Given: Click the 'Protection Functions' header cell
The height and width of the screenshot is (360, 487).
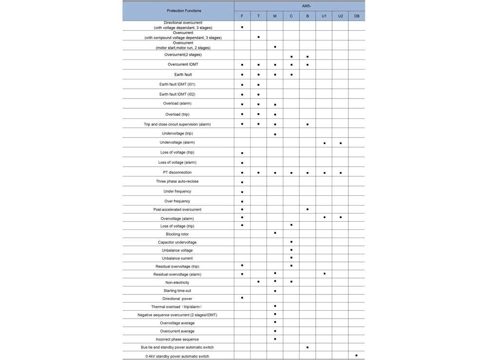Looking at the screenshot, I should [184, 11].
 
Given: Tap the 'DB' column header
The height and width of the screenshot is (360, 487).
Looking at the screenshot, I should [357, 16].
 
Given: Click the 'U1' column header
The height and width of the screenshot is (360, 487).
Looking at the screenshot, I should [324, 16].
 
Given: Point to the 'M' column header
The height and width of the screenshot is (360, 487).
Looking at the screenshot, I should [275, 16].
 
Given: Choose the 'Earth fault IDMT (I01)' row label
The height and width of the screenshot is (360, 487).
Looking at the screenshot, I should [177, 84].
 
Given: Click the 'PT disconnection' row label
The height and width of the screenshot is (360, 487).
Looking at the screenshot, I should [177, 172].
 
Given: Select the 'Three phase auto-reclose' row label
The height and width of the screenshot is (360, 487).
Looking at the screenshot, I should [177, 181].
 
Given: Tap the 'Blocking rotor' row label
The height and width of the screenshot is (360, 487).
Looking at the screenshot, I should [177, 234].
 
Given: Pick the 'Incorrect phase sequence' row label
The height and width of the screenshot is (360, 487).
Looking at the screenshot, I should [177, 339].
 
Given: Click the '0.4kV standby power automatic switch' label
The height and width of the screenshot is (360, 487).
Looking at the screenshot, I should [177, 356].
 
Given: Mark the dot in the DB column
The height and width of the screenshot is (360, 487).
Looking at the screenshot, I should [356, 356].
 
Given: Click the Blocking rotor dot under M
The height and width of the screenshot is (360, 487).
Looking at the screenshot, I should [275, 233].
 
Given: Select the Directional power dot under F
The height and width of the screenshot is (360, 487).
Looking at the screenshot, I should [242, 298].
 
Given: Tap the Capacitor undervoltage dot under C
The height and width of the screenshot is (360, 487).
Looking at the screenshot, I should [291, 242].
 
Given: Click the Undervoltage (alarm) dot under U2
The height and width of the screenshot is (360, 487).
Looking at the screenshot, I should [340, 143].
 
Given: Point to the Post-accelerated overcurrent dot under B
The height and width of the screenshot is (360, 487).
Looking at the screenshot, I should [308, 209].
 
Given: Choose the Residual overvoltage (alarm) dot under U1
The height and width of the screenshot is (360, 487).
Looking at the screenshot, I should [324, 274].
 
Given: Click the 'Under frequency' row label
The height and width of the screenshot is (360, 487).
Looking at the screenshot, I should [177, 191].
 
